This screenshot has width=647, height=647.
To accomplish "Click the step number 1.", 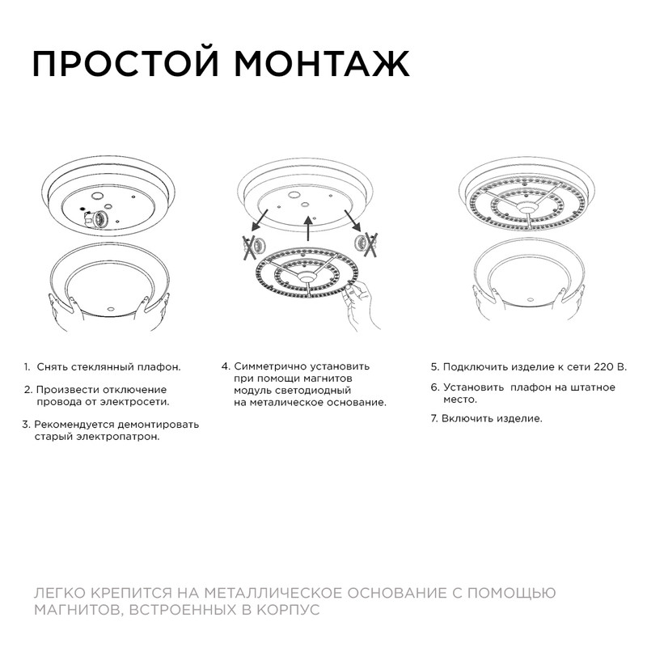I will [x=27, y=367].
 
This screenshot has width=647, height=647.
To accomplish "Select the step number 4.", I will [x=225, y=366].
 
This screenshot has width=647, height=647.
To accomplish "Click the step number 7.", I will [x=433, y=418].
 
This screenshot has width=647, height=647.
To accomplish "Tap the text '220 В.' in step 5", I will [x=611, y=366].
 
